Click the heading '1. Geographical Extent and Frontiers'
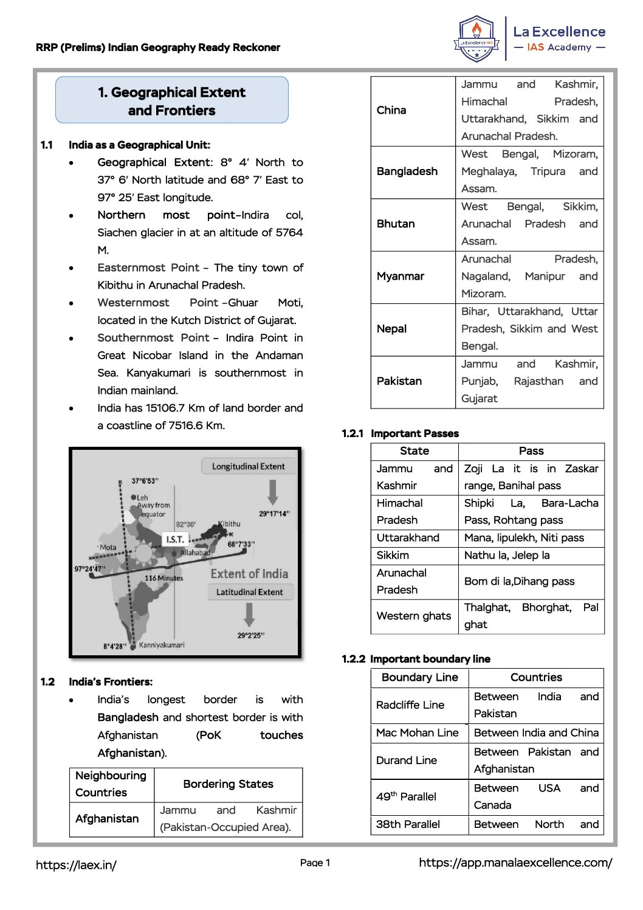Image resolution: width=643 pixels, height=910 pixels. pyautogui.click(x=172, y=101)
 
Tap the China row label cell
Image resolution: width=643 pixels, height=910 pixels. pyautogui.click(x=391, y=110)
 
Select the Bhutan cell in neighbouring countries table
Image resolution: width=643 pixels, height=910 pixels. pyautogui.click(x=396, y=224)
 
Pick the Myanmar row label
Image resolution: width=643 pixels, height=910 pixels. pyautogui.click(x=401, y=276)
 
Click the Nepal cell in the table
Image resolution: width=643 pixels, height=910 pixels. pyautogui.click(x=391, y=329)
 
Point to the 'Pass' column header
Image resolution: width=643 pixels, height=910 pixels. pyautogui.click(x=531, y=451)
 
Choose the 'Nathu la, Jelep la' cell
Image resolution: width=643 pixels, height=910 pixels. pyautogui.click(x=507, y=555)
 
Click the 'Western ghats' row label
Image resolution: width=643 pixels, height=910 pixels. pyautogui.click(x=414, y=616)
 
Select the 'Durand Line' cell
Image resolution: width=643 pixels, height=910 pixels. pyautogui.click(x=407, y=760)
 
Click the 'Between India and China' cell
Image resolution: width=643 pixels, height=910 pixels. pyautogui.click(x=536, y=733)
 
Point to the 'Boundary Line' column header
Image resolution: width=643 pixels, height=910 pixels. pyautogui.click(x=420, y=678)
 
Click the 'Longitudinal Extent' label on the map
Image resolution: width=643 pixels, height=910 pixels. pyautogui.click(x=248, y=466)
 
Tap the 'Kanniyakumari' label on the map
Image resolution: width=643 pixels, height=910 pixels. pyautogui.click(x=162, y=645)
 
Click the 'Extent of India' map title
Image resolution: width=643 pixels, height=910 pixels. pyautogui.click(x=249, y=574)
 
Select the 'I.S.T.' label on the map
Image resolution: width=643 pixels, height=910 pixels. pyautogui.click(x=175, y=539)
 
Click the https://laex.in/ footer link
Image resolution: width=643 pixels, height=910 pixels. pyautogui.click(x=76, y=865)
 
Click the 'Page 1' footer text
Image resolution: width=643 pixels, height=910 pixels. pyautogui.click(x=315, y=863)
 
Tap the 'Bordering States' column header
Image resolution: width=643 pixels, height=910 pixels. pyautogui.click(x=228, y=784)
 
